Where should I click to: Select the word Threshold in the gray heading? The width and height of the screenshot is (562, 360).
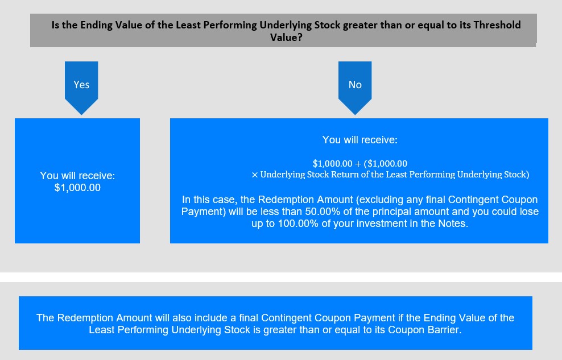497,25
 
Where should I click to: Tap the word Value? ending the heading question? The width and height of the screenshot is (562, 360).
286,38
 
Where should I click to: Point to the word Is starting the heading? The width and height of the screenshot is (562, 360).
55,25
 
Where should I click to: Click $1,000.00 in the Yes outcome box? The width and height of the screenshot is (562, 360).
77,188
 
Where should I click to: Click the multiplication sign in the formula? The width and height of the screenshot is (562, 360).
254,175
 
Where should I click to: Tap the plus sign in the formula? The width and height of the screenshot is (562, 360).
358,164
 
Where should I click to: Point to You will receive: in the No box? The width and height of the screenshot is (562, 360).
360,140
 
